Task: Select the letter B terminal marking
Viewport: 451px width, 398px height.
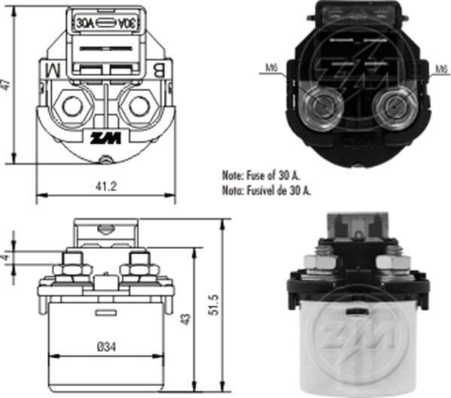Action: coord(161,71)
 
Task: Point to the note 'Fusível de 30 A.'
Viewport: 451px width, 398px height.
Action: coord(268,190)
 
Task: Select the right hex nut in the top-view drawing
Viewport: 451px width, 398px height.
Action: coord(138,105)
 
